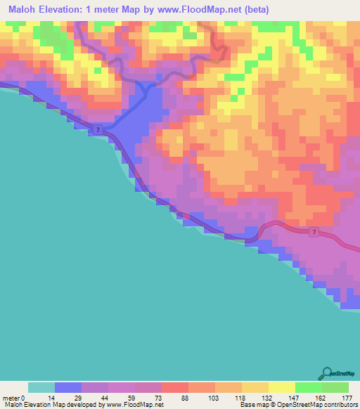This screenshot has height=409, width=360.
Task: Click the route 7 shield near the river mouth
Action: point(98,130)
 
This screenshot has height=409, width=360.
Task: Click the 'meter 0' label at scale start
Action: point(14,398)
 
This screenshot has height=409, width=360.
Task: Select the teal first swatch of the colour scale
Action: point(41,387)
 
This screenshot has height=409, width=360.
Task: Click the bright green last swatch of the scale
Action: point(335,387)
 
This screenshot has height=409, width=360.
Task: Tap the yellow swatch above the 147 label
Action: point(281,387)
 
